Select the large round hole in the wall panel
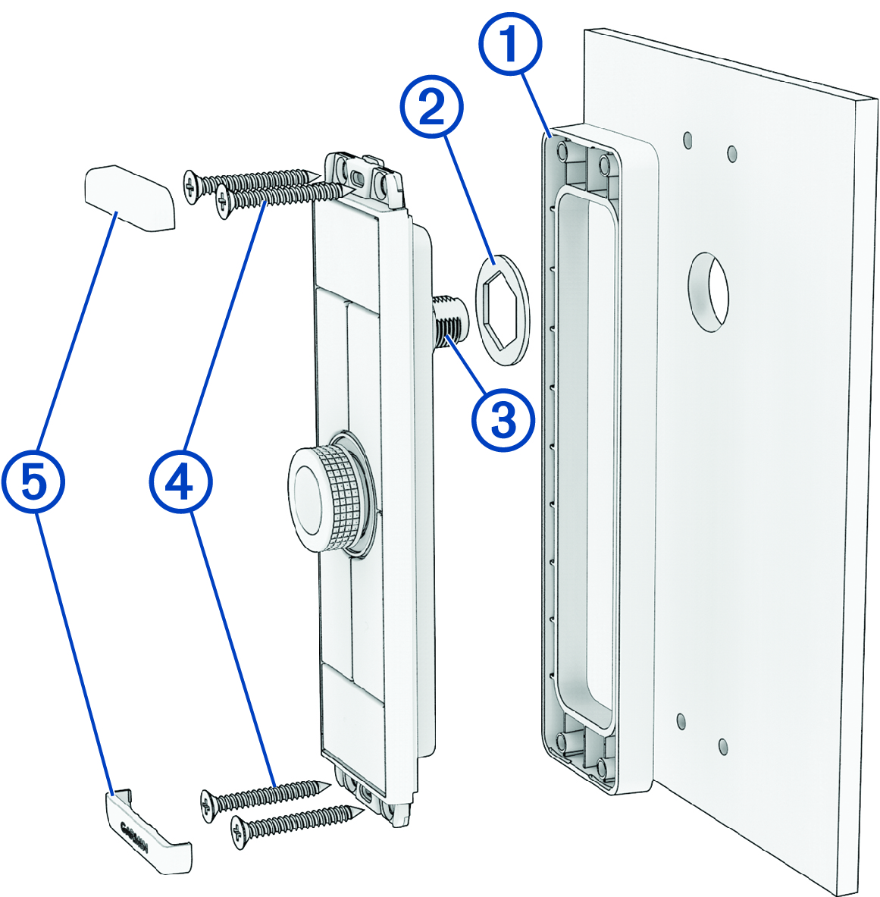(x=708, y=291)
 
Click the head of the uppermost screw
(x=190, y=185)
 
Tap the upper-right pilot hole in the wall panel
(x=732, y=154)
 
